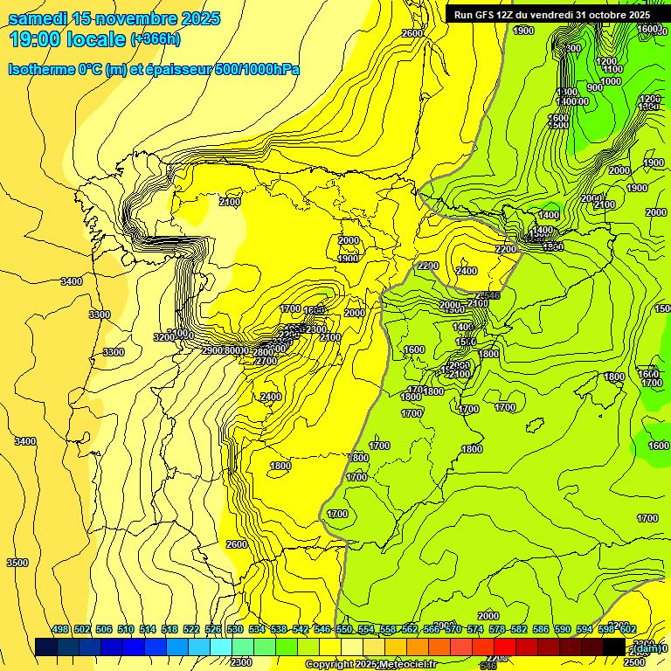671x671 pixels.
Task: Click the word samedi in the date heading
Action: click(38, 17)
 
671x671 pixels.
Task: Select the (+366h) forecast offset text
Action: click(156, 39)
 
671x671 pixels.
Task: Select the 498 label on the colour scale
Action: click(60, 630)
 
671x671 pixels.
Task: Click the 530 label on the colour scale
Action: click(235, 630)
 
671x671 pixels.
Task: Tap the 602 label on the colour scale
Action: click(627, 630)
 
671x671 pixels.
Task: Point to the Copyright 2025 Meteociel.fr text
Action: click(370, 665)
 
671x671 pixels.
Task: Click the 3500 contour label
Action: click(17, 563)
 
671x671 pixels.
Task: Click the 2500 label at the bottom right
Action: click(634, 662)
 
